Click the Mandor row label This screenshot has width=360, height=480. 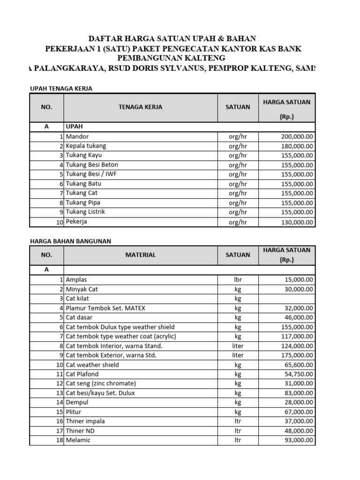tap(77, 136)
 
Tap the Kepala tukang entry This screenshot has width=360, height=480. tap(86, 146)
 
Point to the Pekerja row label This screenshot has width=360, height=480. tap(76, 222)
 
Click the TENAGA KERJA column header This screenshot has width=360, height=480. tap(140, 107)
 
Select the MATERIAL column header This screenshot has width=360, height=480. tap(140, 255)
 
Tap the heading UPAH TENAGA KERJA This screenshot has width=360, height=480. tap(61, 89)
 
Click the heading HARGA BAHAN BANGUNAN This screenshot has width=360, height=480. tap(70, 241)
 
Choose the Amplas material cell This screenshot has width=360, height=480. tap(76, 280)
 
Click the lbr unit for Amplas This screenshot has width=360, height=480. tap(238, 280)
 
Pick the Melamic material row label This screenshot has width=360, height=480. tap(78, 440)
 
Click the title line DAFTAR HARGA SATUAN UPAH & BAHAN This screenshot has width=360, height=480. tap(172, 38)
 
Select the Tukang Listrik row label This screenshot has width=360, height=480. tap(85, 212)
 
